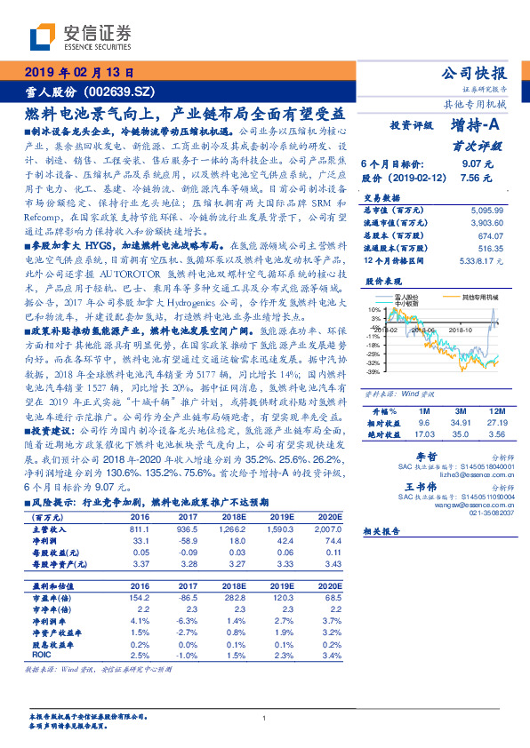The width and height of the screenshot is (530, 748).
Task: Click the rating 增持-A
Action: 475,126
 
